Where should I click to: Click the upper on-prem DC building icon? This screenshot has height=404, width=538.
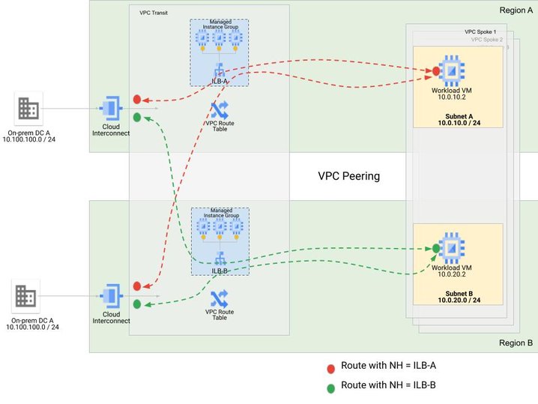point(29,110)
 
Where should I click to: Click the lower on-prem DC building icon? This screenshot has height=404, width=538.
point(25,298)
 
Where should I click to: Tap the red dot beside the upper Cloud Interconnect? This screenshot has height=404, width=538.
point(137,99)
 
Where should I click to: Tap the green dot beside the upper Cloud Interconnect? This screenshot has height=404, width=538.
point(137,117)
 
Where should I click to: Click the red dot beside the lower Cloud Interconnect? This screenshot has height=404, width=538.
point(137,286)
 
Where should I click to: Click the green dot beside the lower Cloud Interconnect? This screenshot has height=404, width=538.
point(137,304)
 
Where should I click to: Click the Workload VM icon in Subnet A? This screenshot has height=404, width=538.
point(452,70)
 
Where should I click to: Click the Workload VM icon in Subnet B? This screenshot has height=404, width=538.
point(451,247)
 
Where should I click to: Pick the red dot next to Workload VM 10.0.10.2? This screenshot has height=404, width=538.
point(435,71)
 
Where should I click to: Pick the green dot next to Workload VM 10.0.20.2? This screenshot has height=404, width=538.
point(435,248)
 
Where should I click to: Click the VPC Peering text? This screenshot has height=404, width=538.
point(349,177)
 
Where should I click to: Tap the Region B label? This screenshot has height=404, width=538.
point(516,343)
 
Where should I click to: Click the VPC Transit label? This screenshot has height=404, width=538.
point(155,13)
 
